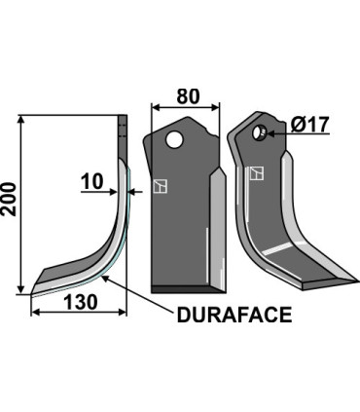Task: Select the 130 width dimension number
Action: (x=79, y=302)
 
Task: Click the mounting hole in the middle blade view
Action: (x=174, y=140)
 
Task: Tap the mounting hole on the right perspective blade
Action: (x=261, y=131)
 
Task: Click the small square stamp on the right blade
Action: (x=257, y=174)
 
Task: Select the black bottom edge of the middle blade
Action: (x=185, y=290)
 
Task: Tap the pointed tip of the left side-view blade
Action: (x=34, y=289)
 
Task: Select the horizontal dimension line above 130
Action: (x=79, y=313)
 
